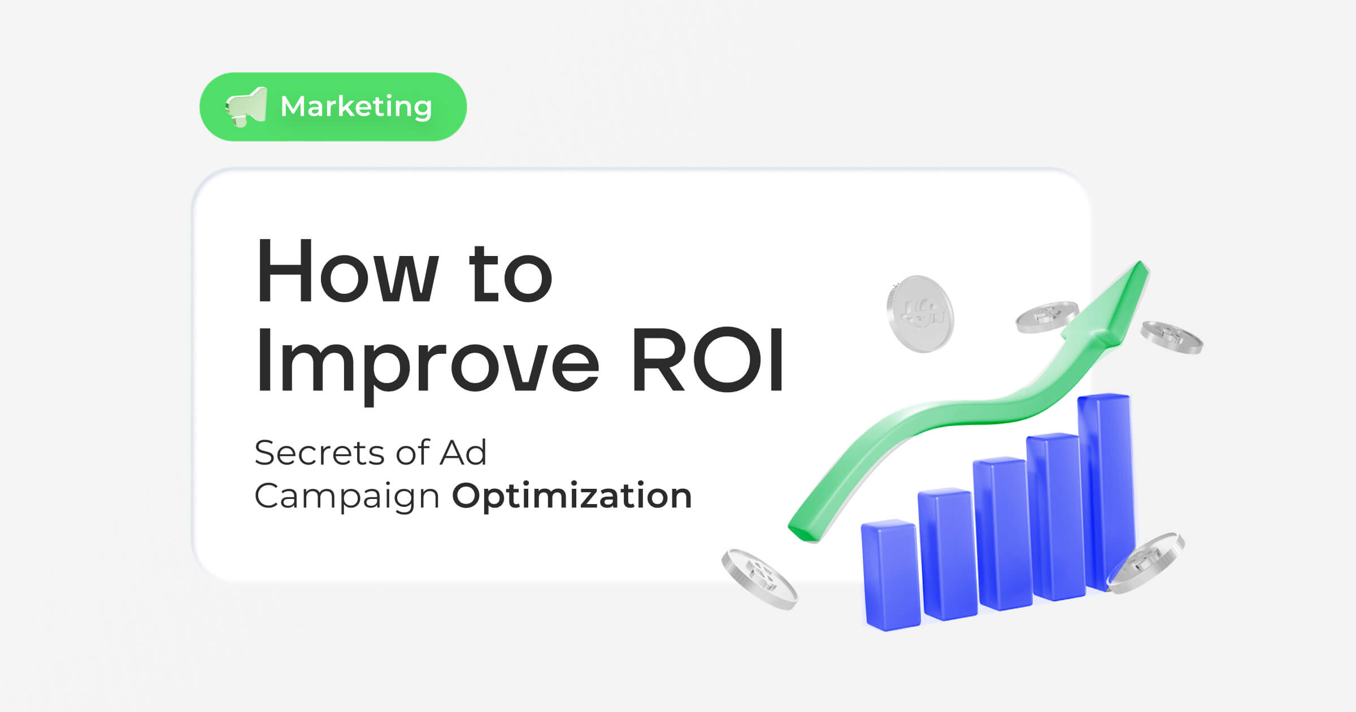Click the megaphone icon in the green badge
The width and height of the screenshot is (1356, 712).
click(246, 107)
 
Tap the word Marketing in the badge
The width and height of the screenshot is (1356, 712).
click(356, 107)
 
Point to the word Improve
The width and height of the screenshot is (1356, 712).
click(427, 362)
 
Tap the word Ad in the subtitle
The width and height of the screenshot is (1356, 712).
click(463, 453)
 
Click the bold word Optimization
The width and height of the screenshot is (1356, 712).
click(572, 496)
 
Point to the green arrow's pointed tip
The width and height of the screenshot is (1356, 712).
click(1140, 266)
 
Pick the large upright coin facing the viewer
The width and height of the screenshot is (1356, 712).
click(920, 314)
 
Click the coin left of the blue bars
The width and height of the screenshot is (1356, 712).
click(759, 579)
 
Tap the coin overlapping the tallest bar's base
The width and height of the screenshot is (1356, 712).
click(1146, 563)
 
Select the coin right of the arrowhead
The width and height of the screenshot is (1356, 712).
click(1171, 337)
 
